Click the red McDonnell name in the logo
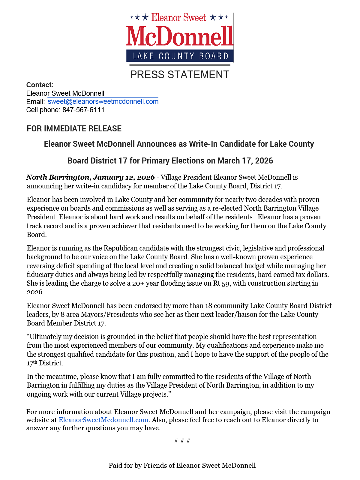pyautogui.click(x=179, y=36)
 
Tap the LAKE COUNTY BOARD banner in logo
pyautogui.click(x=180, y=56)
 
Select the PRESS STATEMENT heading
pyautogui.click(x=180, y=75)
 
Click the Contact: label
pyautogui.click(x=40, y=85)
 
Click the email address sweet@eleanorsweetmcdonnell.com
pyautogui.click(x=103, y=101)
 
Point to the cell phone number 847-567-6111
pyautogui.click(x=83, y=110)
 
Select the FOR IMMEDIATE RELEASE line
pyautogui.click(x=74, y=129)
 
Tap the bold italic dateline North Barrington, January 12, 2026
pyautogui.click(x=90, y=177)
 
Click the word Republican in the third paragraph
pyautogui.click(x=120, y=248)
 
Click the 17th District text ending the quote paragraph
pyautogui.click(x=45, y=363)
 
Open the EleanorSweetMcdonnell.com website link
pyautogui.click(x=103, y=420)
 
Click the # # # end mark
pyautogui.click(x=182, y=440)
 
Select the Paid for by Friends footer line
pyautogui.click(x=182, y=465)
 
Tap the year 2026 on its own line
pyautogui.click(x=35, y=292)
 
